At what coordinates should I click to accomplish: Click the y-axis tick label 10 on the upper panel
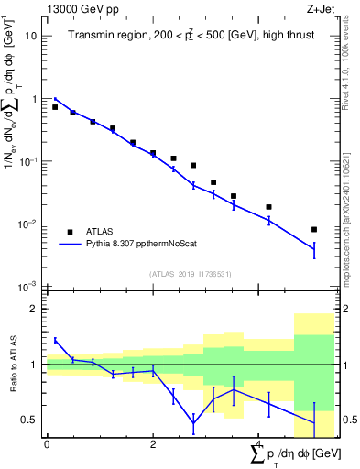point(31,36)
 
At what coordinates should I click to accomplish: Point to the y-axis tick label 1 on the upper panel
point(34,99)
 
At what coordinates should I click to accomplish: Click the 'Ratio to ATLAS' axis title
point(12,365)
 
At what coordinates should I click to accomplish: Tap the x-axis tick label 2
point(153,444)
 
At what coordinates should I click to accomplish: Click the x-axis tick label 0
point(47,444)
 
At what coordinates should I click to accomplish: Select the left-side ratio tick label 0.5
point(29,420)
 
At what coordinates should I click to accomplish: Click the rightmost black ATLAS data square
point(314,230)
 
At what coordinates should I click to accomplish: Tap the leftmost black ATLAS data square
point(55,107)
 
